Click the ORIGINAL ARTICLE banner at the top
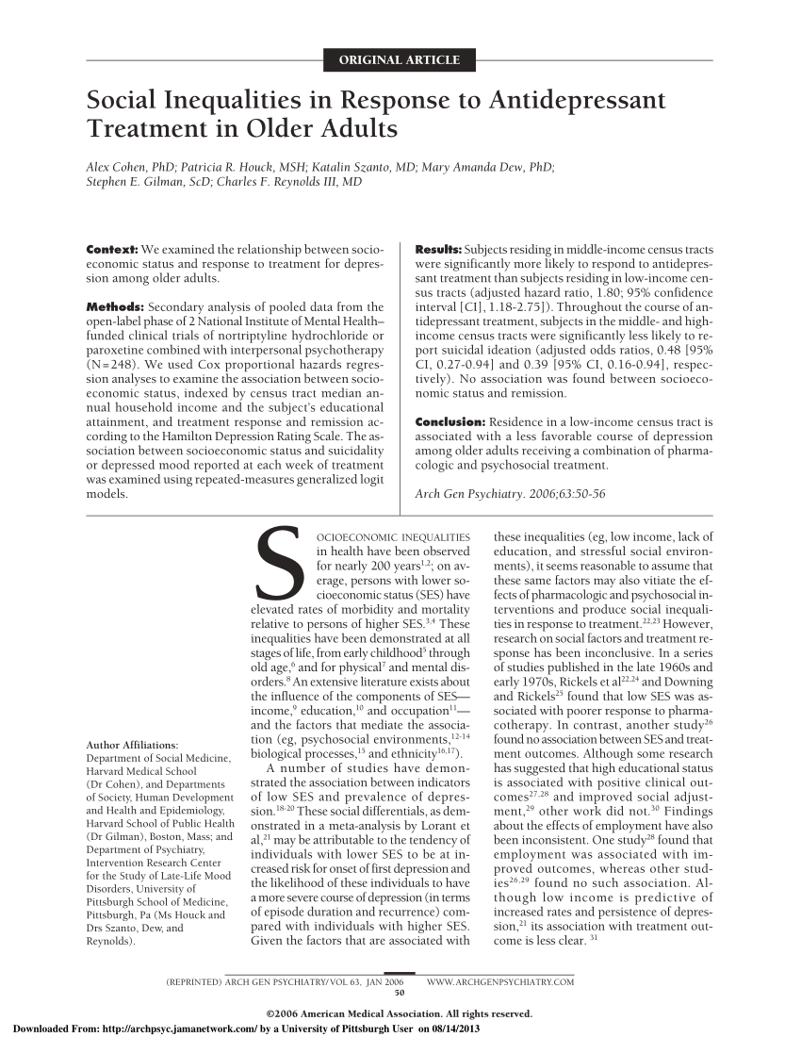coord(400,61)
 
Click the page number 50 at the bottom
coord(399,993)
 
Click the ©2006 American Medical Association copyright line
coord(400,1013)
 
